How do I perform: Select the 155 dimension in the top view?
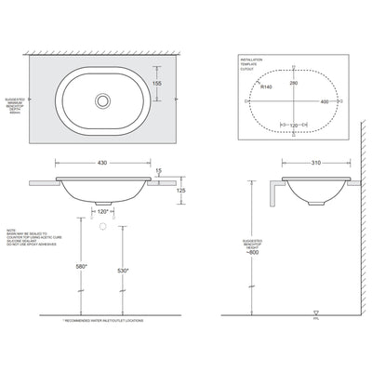tap(156, 83)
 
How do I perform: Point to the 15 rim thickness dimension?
tap(160, 170)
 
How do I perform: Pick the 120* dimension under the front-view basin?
tap(104, 212)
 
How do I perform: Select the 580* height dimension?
tap(80, 269)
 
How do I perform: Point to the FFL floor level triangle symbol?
tap(319, 314)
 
